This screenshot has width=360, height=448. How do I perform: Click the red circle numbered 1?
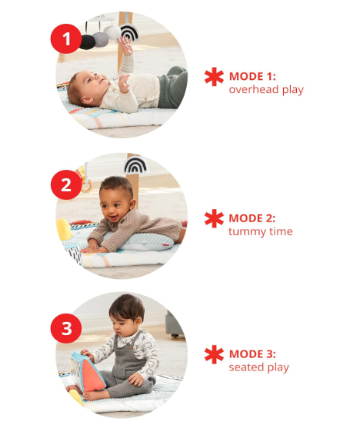[x=66, y=38]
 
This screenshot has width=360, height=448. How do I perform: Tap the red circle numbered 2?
[x=66, y=184]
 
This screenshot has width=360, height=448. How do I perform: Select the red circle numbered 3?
[x=66, y=329]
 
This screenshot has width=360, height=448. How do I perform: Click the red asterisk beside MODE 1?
[x=213, y=77]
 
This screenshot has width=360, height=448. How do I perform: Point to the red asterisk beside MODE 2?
[x=213, y=219]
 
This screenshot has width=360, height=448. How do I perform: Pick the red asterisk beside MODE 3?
[x=213, y=355]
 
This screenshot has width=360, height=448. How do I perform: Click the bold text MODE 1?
[x=252, y=77]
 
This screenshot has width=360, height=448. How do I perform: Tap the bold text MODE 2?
[x=252, y=219]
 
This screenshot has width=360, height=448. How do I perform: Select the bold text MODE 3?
[x=252, y=354]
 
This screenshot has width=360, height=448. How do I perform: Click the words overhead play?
[x=266, y=90]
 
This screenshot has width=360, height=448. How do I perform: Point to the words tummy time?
[x=260, y=232]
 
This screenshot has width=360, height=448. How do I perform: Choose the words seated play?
[x=259, y=367]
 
